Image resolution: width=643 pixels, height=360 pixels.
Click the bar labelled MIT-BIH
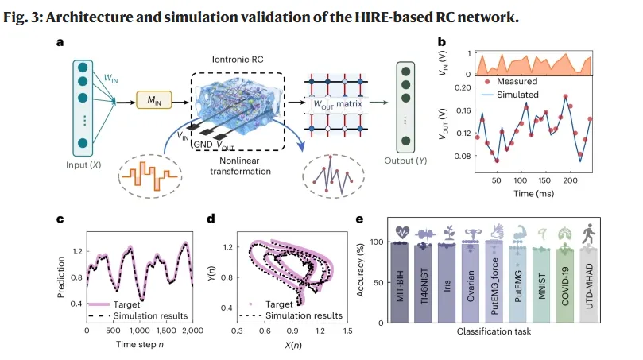point(400,282)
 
